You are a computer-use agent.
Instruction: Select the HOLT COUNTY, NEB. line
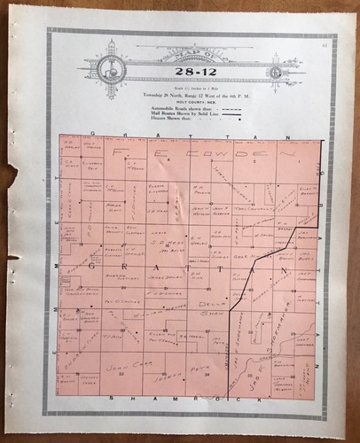coord(183,99)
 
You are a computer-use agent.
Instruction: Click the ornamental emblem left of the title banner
coord(110,66)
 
